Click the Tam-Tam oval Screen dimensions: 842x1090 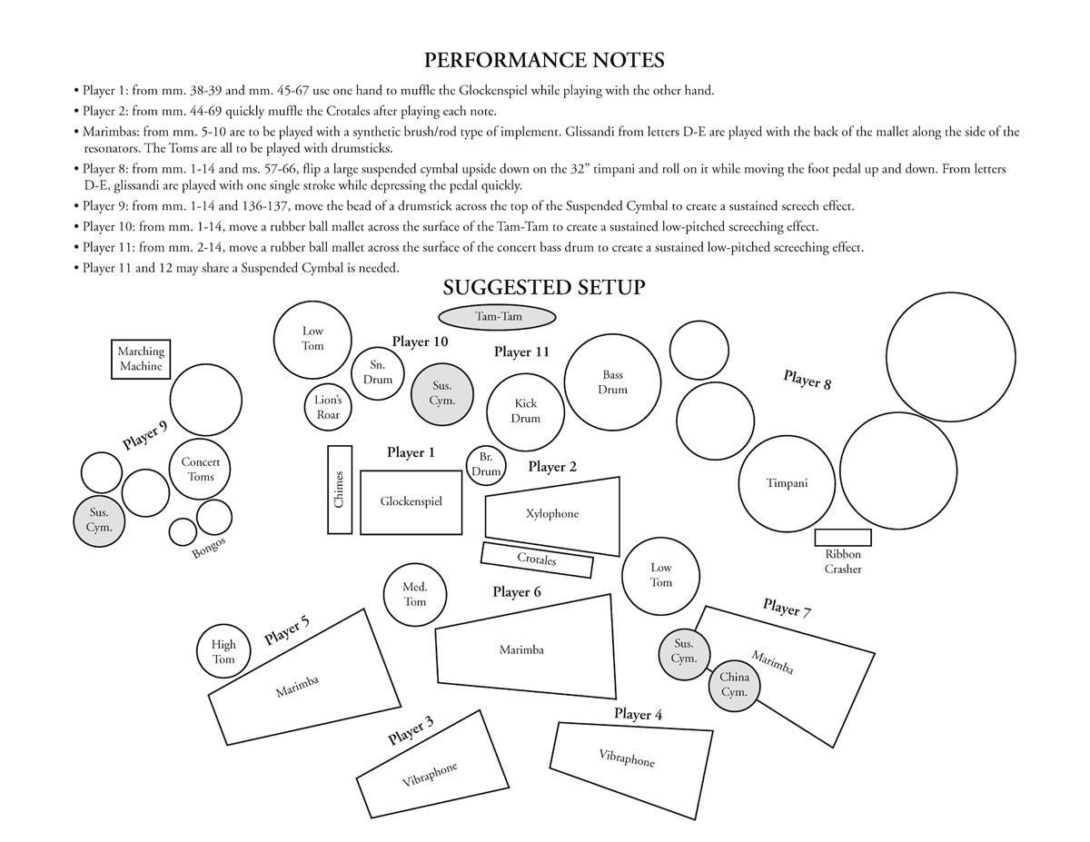(496, 317)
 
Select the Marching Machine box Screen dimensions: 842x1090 (141, 360)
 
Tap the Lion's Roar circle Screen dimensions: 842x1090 (328, 408)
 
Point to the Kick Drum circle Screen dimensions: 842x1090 (526, 411)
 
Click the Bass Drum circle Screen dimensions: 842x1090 (613, 382)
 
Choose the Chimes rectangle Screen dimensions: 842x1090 (340, 490)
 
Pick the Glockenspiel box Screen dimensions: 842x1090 (411, 501)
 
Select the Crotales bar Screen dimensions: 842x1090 (537, 560)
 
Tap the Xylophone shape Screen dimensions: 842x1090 (552, 515)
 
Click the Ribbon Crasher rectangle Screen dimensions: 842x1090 (843, 537)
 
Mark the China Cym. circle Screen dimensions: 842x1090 (734, 684)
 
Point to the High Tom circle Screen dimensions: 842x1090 (223, 651)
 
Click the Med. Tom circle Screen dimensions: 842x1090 (415, 595)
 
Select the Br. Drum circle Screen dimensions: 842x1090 (487, 465)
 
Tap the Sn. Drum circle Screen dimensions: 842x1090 (378, 372)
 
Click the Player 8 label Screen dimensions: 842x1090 (807, 380)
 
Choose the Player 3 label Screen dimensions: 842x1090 (411, 730)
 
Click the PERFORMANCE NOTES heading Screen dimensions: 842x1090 (545, 61)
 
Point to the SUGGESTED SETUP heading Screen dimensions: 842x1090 (544, 288)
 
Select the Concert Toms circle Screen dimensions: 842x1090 (201, 470)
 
